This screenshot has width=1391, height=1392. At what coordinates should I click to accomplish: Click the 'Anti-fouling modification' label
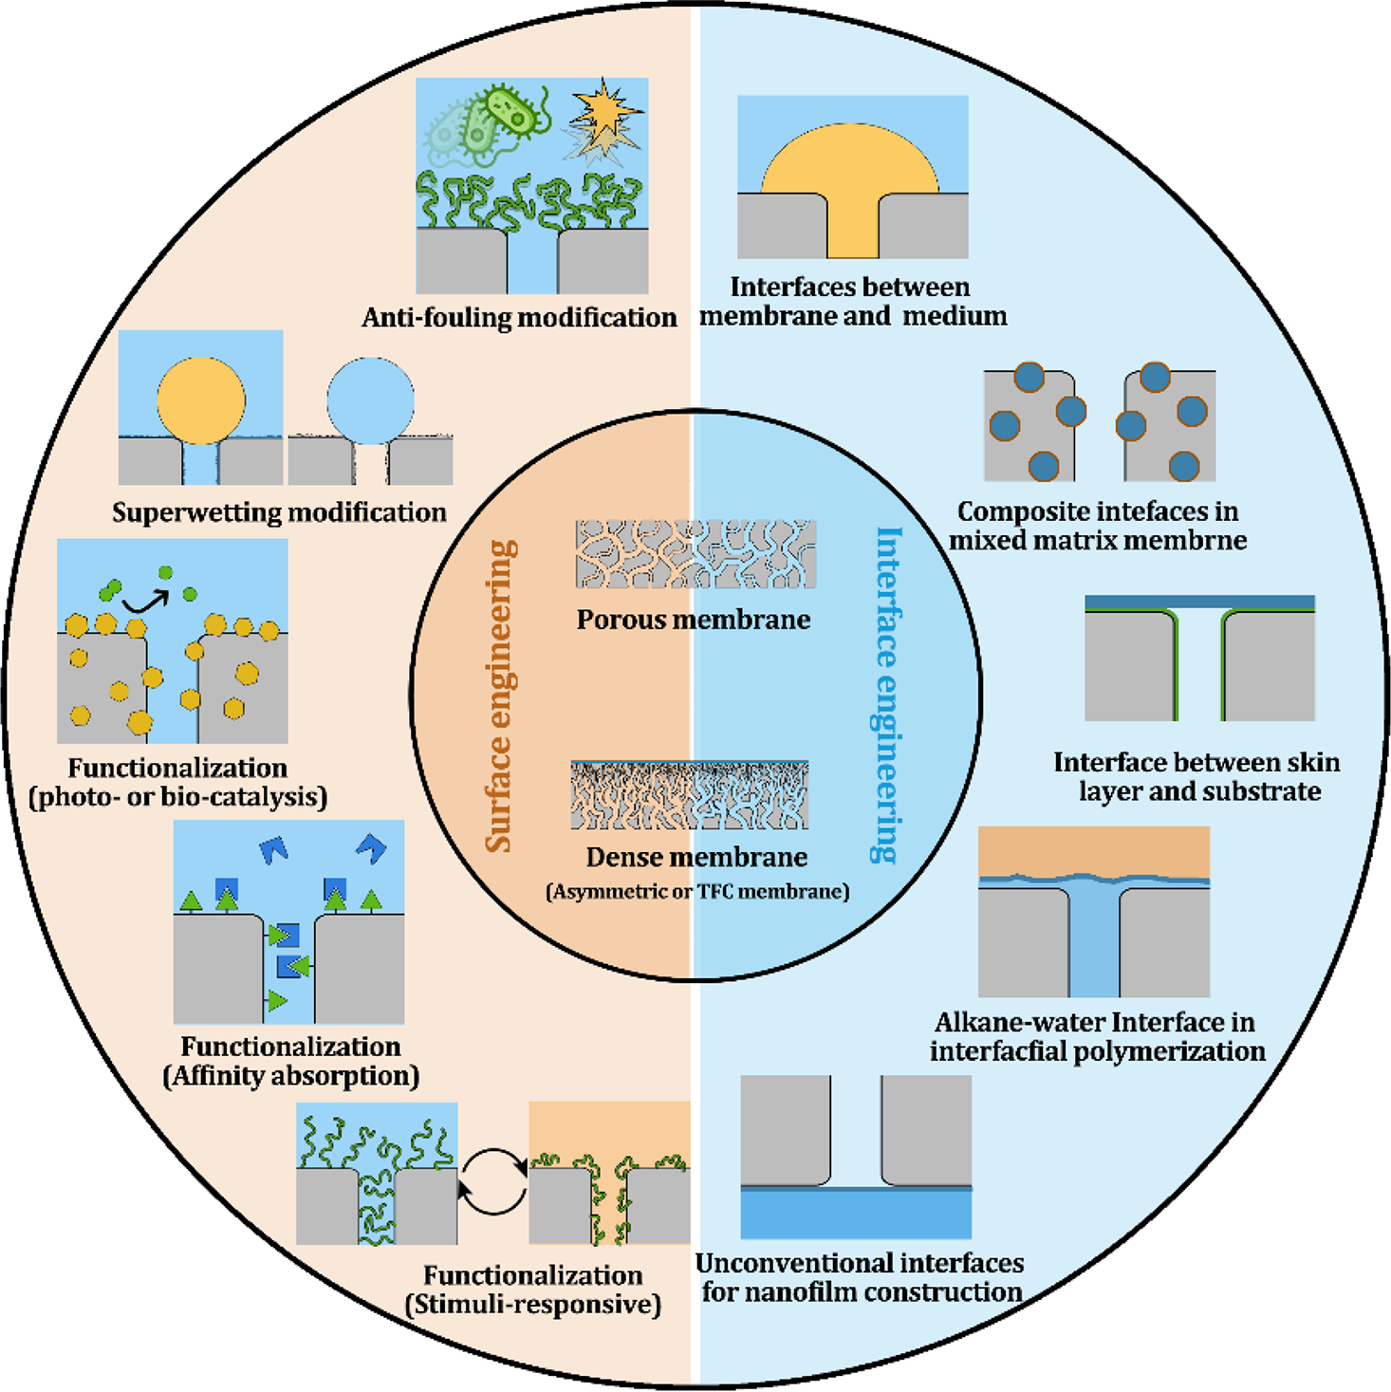point(519,317)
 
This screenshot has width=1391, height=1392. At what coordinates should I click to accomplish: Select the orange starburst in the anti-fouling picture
point(604,109)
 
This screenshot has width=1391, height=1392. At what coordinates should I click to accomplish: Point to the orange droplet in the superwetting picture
point(201,399)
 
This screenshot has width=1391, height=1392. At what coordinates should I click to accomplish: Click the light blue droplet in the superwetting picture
point(370,399)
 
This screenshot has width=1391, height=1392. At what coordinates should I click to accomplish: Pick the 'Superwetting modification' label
point(279,512)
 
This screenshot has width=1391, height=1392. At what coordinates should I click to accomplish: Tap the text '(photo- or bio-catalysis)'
point(178,797)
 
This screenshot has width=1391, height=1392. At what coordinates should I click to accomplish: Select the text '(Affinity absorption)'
point(291,1076)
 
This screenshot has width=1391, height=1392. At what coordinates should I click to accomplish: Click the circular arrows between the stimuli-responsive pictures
point(492,1182)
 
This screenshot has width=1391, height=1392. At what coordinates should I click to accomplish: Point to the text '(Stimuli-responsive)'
point(532,1305)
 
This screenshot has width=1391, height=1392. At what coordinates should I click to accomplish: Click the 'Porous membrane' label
point(694,620)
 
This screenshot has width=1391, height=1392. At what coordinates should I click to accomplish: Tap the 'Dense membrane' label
point(696,857)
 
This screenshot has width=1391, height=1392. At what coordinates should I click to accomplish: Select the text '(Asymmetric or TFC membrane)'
point(696,892)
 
